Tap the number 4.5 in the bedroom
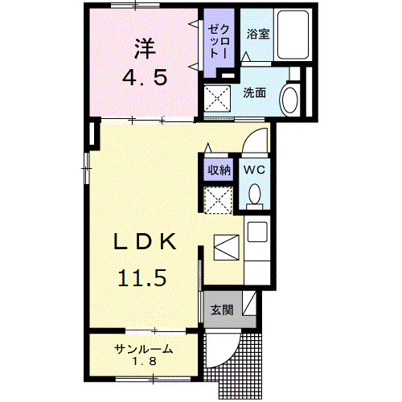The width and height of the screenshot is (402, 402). pyautogui.click(x=145, y=80)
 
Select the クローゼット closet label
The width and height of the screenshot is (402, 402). pyautogui.click(x=219, y=36)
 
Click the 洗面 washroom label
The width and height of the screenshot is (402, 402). pyautogui.click(x=255, y=92)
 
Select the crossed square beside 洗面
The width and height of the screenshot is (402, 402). pyautogui.click(x=218, y=100)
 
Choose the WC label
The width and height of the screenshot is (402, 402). pyautogui.click(x=254, y=170)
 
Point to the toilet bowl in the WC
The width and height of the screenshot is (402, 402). pyautogui.click(x=255, y=195)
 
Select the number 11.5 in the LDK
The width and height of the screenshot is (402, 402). pyautogui.click(x=143, y=278)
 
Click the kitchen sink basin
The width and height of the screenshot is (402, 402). pyautogui.click(x=257, y=233)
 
